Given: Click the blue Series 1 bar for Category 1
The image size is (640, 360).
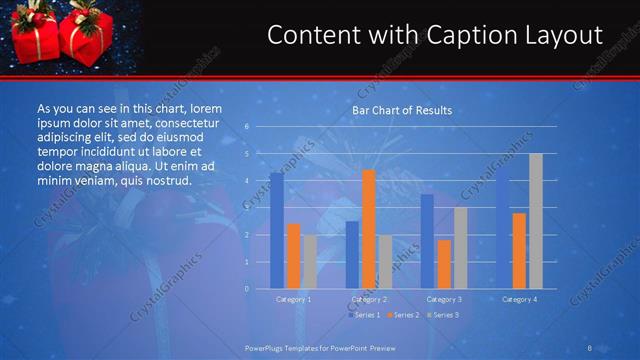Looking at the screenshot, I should [x=276, y=231].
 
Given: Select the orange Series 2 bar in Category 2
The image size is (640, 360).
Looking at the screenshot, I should [x=369, y=229].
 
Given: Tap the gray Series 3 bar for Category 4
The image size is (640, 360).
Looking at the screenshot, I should [x=536, y=221].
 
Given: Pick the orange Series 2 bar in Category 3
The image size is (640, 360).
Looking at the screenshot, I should [x=444, y=264].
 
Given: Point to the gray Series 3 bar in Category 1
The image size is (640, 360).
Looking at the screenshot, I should [x=310, y=262].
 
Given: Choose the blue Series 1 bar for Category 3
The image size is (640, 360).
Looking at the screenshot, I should [x=427, y=241].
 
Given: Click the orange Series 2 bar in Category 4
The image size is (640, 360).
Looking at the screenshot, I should [x=519, y=251].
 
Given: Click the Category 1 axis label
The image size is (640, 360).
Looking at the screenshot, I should [x=293, y=299].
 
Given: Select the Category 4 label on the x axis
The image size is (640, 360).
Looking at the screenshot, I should [x=519, y=299].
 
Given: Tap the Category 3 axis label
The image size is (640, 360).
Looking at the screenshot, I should [x=444, y=299].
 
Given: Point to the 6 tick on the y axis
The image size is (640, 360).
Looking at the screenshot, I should [x=246, y=127].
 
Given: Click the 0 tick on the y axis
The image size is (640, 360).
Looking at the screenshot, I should [x=246, y=289].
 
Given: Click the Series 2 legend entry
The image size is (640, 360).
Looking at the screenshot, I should [x=402, y=315].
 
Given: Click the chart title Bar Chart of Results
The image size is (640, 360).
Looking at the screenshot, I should [x=402, y=110].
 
